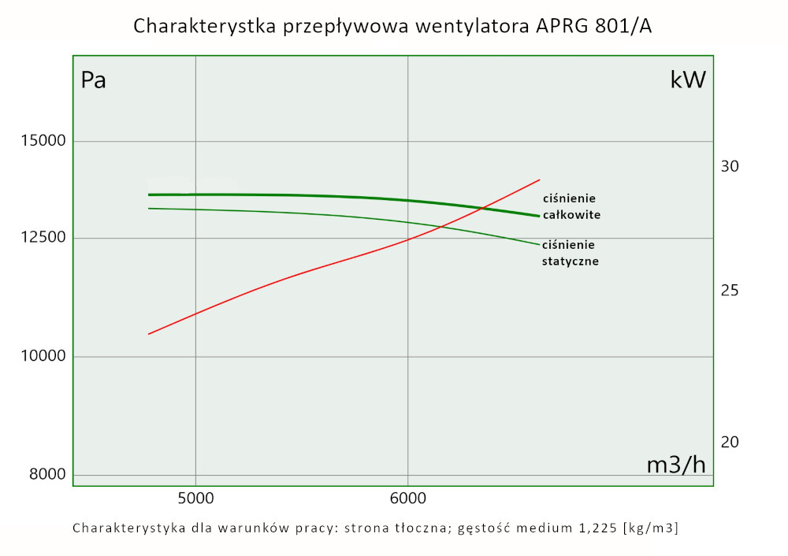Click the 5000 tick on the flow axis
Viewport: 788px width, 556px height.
click(195, 498)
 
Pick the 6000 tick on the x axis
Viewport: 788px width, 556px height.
click(407, 498)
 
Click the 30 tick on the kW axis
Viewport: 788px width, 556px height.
click(730, 166)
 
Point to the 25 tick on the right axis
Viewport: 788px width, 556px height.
click(730, 290)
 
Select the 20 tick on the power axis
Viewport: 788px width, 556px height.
click(730, 442)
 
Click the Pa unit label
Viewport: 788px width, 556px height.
click(94, 80)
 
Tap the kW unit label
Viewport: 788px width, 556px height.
click(688, 80)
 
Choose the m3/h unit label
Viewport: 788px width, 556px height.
click(675, 465)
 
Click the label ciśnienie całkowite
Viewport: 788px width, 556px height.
click(571, 206)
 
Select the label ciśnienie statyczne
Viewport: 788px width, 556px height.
click(570, 253)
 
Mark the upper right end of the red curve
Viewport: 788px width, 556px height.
click(540, 180)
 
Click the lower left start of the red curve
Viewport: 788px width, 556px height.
click(149, 334)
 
